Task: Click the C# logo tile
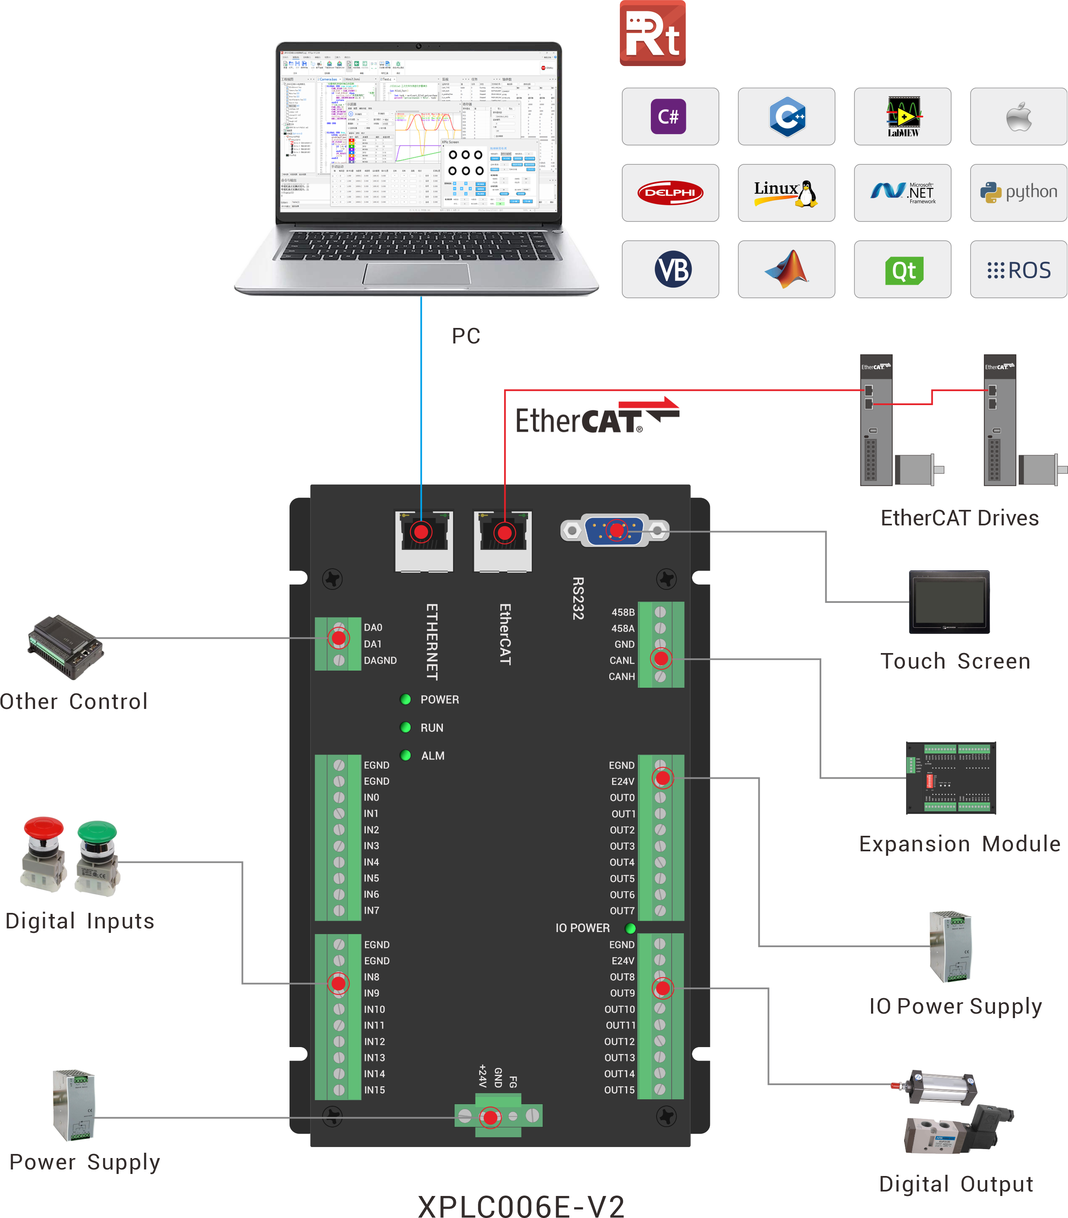pos(670,117)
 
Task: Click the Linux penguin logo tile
pos(786,193)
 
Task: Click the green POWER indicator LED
pos(406,699)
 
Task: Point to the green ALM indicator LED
pos(406,755)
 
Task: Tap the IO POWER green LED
pos(630,928)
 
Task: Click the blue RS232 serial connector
pos(615,530)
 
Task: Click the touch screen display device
pos(949,602)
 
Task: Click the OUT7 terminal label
pos(622,910)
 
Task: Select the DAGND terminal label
pos(380,660)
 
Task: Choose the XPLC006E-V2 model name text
pos(521,1205)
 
